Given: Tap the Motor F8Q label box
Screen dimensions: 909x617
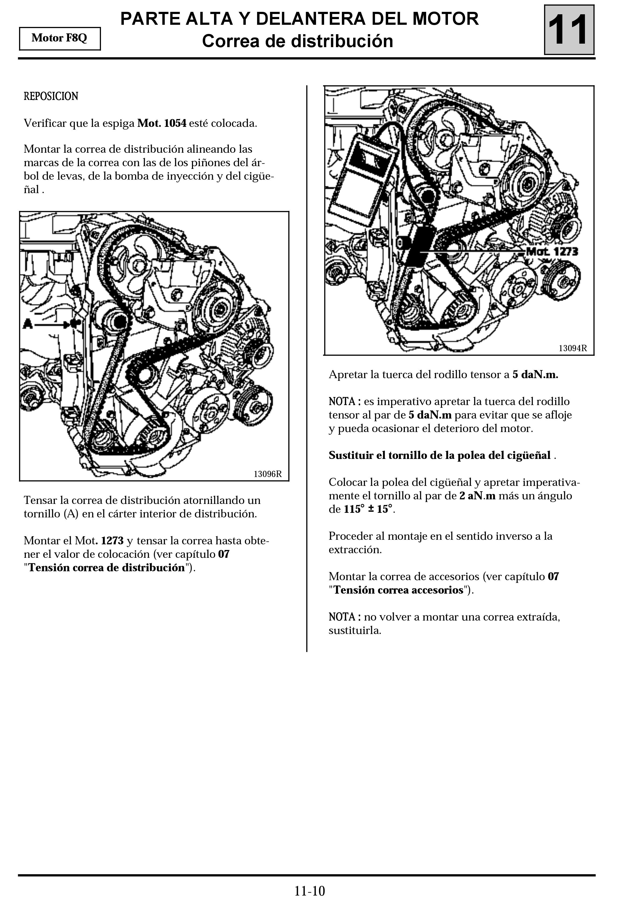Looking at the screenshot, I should pos(59,38).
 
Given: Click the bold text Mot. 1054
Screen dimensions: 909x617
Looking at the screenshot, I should pos(162,123).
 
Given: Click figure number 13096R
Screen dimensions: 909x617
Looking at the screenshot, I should pos(267,474).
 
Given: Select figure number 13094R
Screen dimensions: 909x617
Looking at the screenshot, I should pos(572,348).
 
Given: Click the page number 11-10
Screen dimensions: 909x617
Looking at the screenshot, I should pos(309,891).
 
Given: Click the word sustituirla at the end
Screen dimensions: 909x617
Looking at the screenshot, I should pos(354,631).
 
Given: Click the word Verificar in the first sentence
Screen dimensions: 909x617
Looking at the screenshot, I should pos(45,123).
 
